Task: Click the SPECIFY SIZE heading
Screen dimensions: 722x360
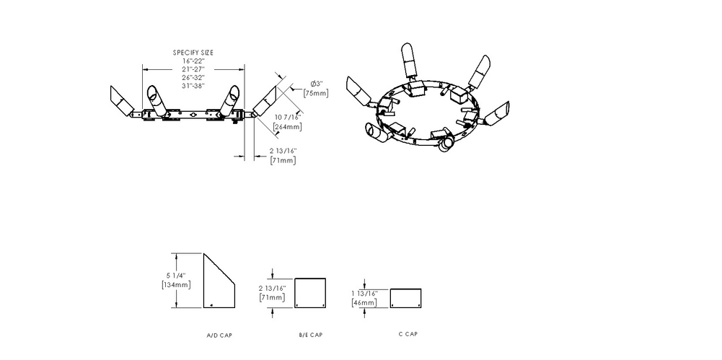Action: (x=193, y=53)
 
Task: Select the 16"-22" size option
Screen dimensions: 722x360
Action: (x=193, y=61)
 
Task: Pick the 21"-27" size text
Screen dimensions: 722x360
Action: (x=193, y=69)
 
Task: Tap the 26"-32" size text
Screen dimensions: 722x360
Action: (x=193, y=77)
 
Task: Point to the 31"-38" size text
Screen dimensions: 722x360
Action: (x=193, y=86)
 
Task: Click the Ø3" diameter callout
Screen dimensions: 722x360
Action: (x=317, y=84)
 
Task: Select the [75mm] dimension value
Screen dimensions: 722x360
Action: (x=316, y=94)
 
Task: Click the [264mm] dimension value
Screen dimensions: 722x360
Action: (x=288, y=126)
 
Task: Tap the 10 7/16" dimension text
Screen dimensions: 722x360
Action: (x=288, y=118)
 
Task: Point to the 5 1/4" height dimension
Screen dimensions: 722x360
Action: (x=176, y=276)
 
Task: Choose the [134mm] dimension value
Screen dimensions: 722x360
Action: (x=176, y=284)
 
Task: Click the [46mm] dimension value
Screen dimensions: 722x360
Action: (x=364, y=302)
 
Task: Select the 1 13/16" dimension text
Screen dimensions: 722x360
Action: (x=365, y=293)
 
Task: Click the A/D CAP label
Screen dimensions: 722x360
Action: (x=220, y=335)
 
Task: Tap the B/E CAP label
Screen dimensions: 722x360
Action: (x=311, y=335)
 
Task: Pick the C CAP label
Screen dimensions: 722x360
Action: (x=408, y=334)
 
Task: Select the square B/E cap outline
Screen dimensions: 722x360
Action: (x=310, y=278)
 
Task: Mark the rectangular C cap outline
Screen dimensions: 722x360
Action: (x=405, y=289)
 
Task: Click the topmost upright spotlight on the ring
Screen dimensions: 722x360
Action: (x=408, y=59)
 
